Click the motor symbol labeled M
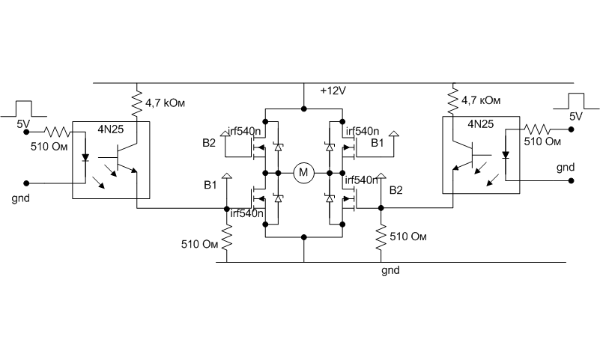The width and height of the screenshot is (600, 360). coord(303,173)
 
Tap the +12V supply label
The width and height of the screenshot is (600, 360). coord(333,91)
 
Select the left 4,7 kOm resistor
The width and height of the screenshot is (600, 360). coord(137,101)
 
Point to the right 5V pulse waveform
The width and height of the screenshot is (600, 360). coord(576,103)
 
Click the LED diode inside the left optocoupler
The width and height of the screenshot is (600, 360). coord(85,158)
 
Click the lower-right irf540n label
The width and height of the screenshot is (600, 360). coord(362,180)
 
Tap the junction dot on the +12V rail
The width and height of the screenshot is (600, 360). coord(303,109)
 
